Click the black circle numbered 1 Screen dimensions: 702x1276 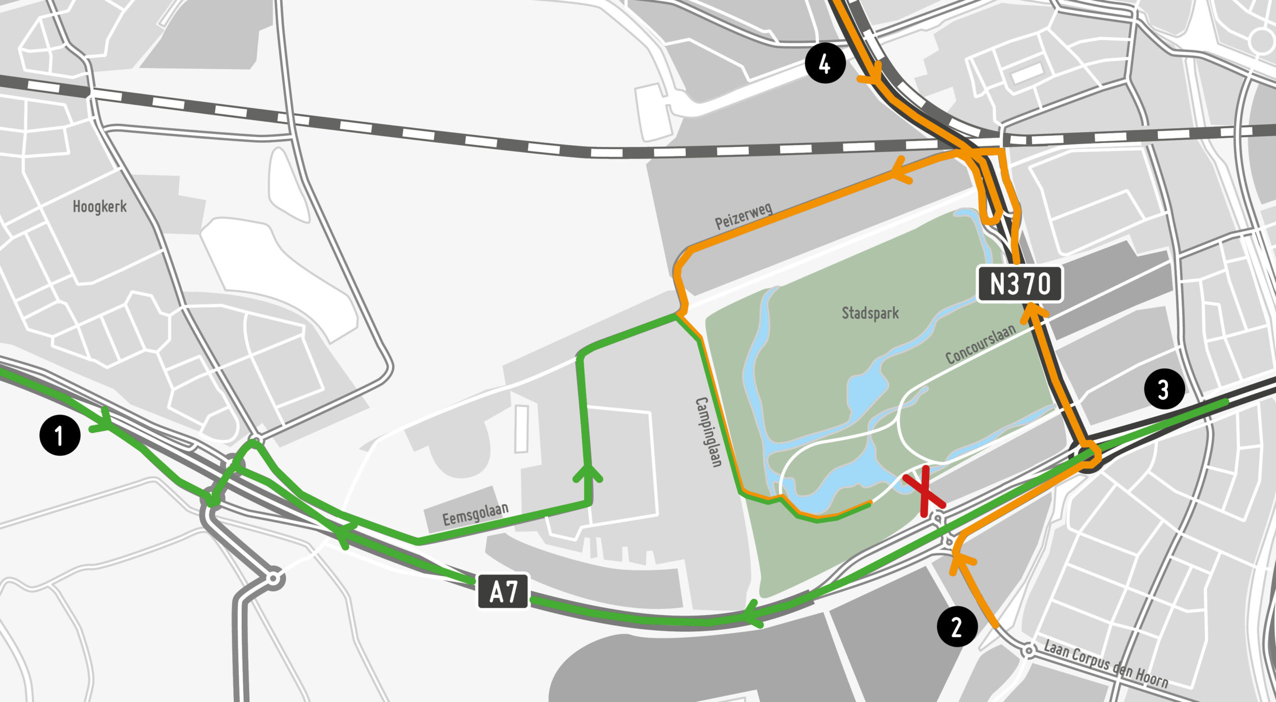tap(60, 436)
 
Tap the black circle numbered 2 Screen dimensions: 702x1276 tap(957, 627)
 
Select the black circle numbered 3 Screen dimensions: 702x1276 tap(1164, 389)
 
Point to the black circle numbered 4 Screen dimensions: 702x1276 tap(825, 63)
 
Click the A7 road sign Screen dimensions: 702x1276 tap(503, 591)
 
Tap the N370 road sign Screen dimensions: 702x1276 tap(1020, 284)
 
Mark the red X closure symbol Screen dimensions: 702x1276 tap(924, 491)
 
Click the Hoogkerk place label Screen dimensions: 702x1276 tap(100, 206)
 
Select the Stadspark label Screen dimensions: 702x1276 tap(870, 313)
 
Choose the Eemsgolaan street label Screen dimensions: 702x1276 tap(476, 514)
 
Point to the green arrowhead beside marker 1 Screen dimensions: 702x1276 tap(103, 421)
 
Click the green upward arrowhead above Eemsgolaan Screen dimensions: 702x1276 tap(588, 474)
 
